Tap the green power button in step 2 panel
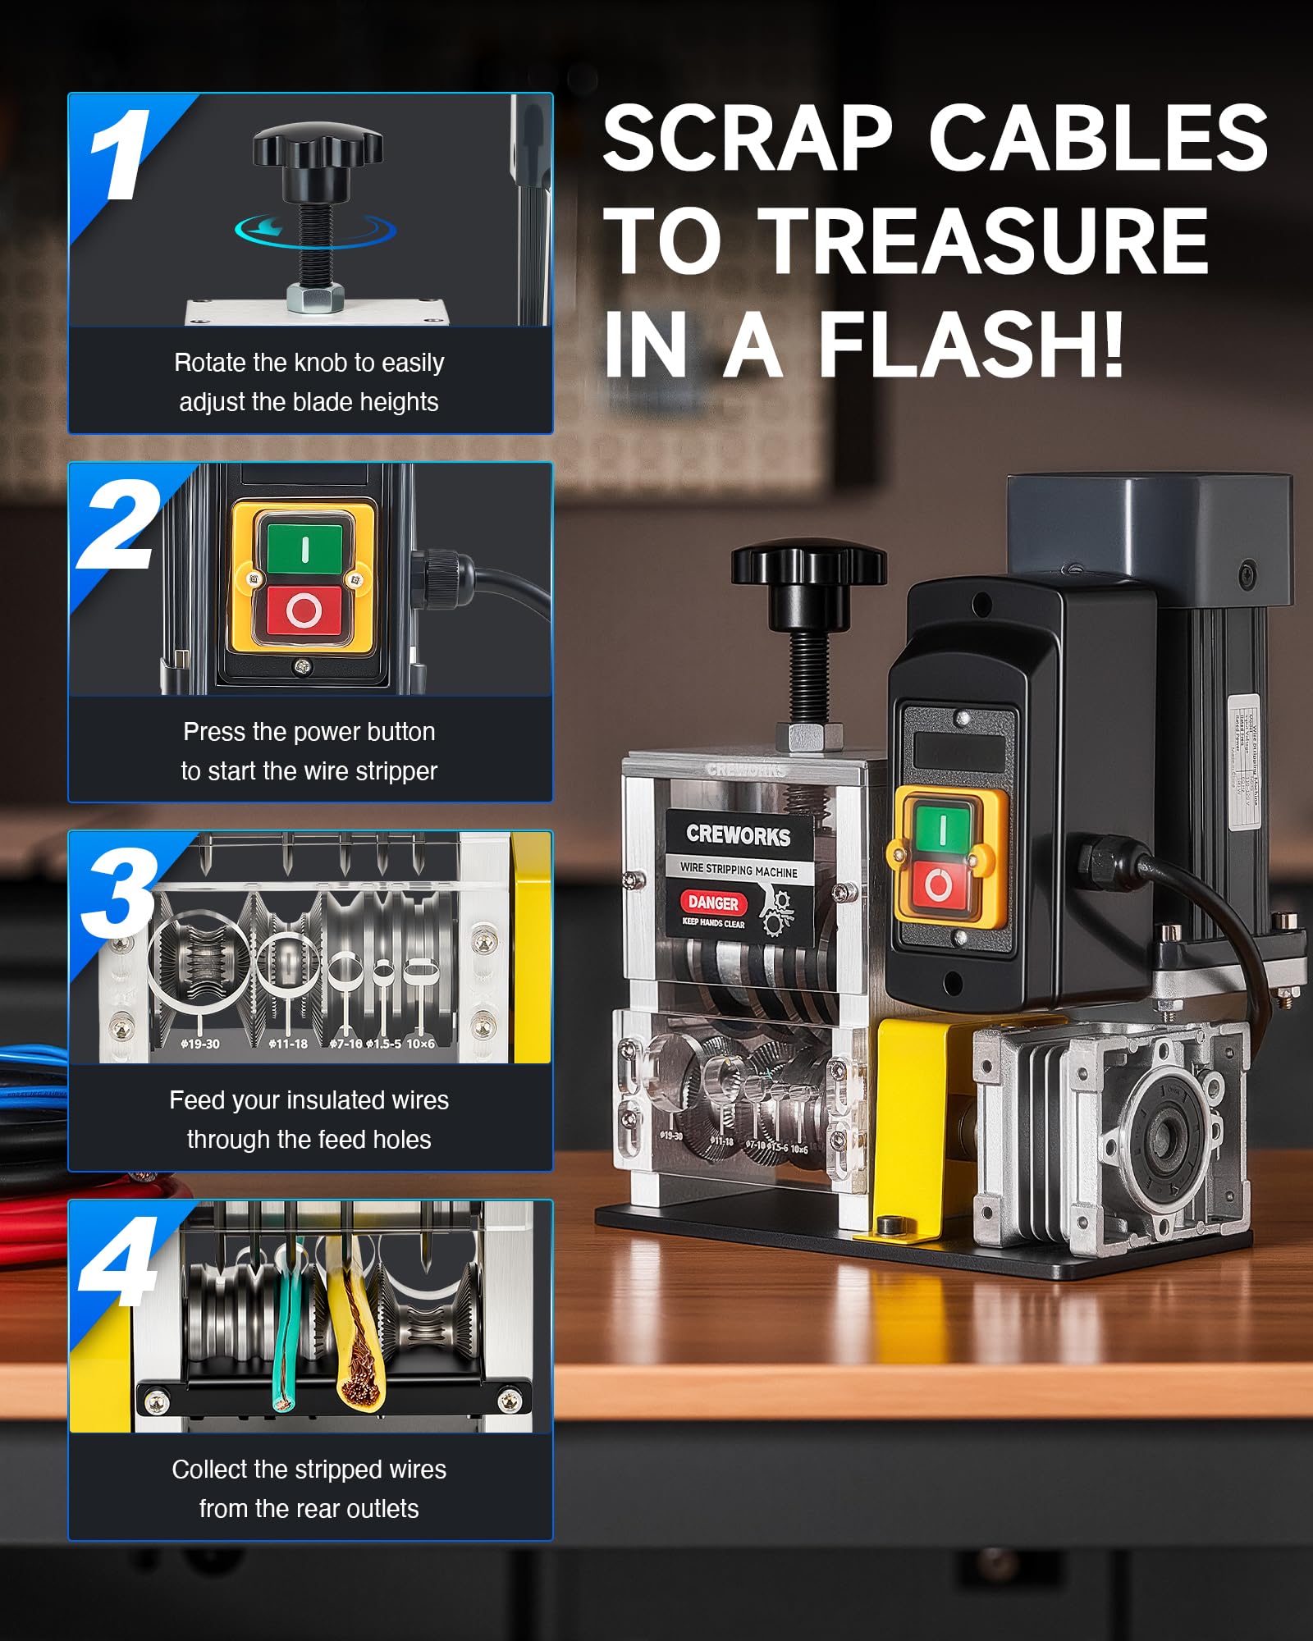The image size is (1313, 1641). coord(304,547)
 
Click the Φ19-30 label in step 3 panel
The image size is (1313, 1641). coord(200,1044)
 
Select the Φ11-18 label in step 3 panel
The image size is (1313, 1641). coord(288,1044)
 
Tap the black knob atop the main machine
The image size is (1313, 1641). coord(808,566)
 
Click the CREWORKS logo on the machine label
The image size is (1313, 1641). coord(738,834)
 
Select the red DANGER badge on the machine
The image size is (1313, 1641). coord(713,903)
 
